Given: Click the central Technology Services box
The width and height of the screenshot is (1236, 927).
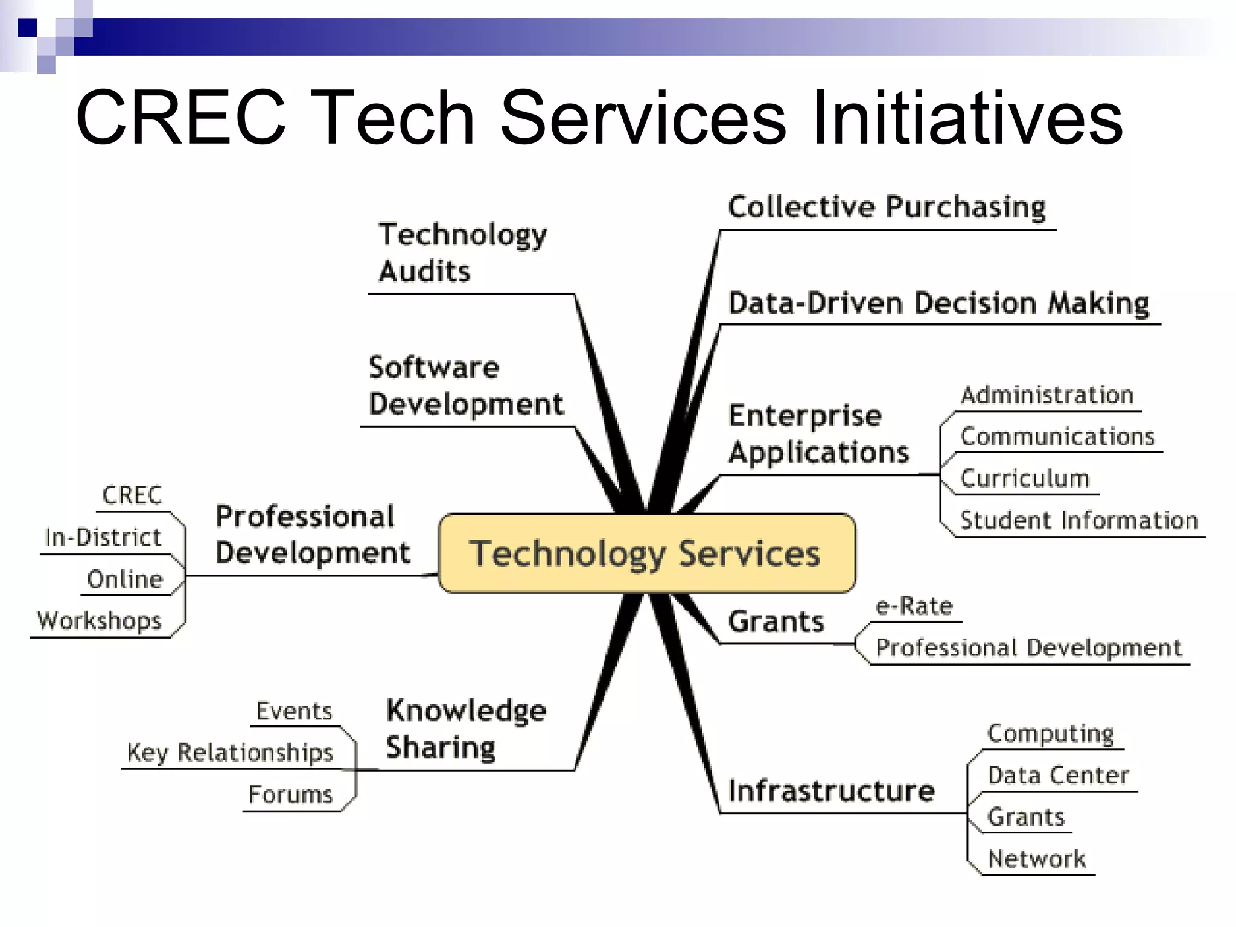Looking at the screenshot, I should pos(646,553).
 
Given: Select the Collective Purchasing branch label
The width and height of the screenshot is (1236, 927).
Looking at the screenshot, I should pos(887,207).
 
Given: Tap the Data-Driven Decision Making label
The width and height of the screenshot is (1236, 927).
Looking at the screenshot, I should pos(938,303).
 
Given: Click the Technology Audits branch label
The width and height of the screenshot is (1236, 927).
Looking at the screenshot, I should pos(462,252).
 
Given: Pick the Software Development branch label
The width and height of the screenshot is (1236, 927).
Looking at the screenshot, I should pos(466,386).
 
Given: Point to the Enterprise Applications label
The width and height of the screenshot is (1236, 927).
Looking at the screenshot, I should pos(818,434).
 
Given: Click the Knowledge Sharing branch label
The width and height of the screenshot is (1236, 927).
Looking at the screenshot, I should pos(466,728).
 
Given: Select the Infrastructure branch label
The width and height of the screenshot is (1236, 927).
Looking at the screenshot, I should pos(831,791).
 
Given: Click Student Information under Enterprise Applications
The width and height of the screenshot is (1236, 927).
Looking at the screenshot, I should pos(1078,520).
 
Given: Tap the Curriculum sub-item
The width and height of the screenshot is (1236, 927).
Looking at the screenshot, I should pos(1024,479).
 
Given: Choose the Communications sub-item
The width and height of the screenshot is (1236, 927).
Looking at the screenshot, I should pos(1057,436).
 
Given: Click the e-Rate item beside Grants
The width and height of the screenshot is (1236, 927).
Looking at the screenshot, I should pos(914,606).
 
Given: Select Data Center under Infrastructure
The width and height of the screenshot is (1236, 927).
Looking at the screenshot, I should pos(1058,775).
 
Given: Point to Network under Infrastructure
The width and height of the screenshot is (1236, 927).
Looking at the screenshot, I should pos(1036,858).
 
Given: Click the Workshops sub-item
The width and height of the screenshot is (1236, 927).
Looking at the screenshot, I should pos(100,620).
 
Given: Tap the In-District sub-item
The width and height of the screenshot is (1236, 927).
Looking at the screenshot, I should pos(103,537).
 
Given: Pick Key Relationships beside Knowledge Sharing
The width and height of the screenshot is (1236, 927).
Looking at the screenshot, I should pos(230,753).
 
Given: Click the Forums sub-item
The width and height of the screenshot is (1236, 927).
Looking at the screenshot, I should pos(290,794).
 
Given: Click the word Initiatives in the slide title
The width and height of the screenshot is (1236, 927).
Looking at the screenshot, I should pos(967,118).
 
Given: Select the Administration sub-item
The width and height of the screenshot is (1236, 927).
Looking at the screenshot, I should pos(1047,395).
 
